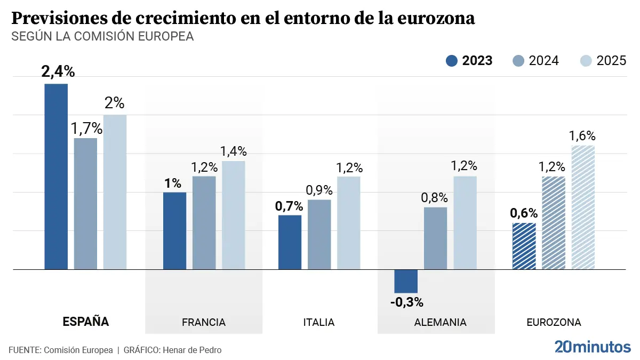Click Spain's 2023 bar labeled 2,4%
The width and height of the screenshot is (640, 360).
click(56, 176)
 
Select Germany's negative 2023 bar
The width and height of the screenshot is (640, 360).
click(406, 281)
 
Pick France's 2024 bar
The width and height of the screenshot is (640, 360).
click(204, 222)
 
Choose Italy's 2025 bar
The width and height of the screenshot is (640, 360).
click(349, 222)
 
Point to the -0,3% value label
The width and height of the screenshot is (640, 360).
click(406, 302)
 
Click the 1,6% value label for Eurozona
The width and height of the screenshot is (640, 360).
click(582, 136)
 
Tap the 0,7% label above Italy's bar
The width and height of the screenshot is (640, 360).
click(289, 206)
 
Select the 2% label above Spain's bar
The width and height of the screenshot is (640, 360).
click(114, 103)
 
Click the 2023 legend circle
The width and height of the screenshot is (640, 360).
click(452, 61)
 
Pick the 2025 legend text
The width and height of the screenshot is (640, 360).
click(611, 61)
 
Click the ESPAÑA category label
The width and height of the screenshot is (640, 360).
click(86, 322)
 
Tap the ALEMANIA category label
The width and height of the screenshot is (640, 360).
click(440, 322)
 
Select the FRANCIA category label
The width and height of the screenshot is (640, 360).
click(204, 322)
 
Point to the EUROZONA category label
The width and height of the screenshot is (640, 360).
click(554, 322)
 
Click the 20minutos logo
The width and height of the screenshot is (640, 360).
click(592, 347)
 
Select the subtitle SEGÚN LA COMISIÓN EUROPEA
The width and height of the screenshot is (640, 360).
click(102, 37)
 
